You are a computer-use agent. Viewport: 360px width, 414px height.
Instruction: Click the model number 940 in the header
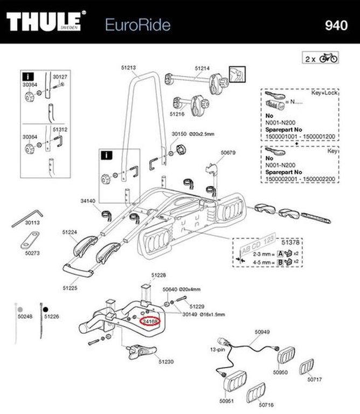(x=337, y=25)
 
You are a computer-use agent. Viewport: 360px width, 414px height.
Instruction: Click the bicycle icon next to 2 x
(x=329, y=58)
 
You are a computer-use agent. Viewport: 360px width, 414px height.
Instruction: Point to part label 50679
(x=228, y=153)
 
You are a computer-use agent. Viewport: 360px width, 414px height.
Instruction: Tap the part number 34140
(x=88, y=201)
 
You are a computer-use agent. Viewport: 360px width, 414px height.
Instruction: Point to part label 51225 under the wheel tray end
(x=70, y=288)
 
